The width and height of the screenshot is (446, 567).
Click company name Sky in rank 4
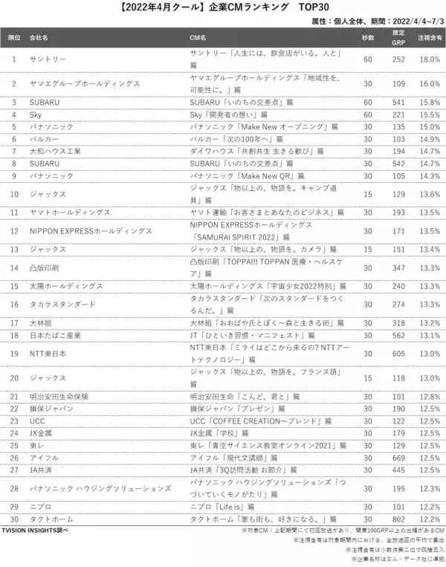pyautogui.click(x=36, y=114)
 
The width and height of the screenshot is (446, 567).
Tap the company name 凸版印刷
pyautogui.click(x=43, y=266)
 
